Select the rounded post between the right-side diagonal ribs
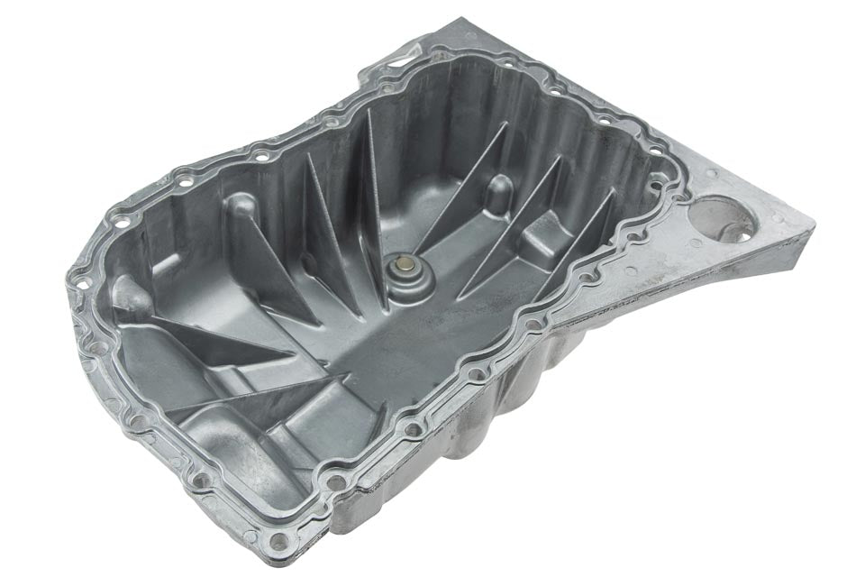498,190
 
